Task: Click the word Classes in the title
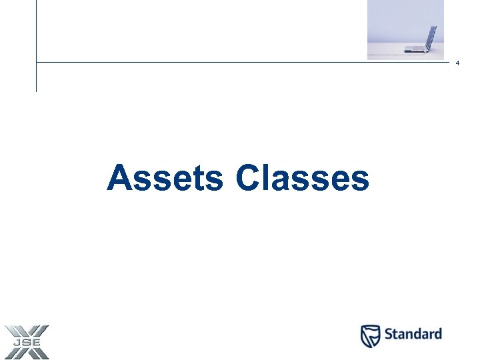pyautogui.click(x=302, y=179)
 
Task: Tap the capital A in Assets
pyautogui.click(x=119, y=178)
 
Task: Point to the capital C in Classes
pyautogui.click(x=248, y=178)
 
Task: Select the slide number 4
pyautogui.click(x=458, y=63)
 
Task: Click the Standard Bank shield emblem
pyautogui.click(x=371, y=335)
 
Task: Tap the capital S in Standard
pyautogui.click(x=390, y=334)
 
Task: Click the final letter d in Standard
pyautogui.click(x=437, y=334)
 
